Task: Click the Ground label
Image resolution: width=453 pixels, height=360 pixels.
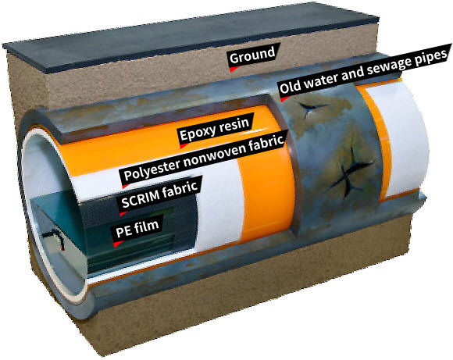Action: (252, 55)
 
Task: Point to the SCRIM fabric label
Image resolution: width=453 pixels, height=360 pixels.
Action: (159, 195)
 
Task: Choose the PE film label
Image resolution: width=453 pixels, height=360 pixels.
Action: (137, 229)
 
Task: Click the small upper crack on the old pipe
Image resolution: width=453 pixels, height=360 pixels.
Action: (312, 108)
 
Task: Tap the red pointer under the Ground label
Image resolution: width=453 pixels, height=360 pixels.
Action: (234, 70)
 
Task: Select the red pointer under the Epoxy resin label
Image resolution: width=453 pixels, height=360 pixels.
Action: (184, 145)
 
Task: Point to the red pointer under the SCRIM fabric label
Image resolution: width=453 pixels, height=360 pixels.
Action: (123, 213)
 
